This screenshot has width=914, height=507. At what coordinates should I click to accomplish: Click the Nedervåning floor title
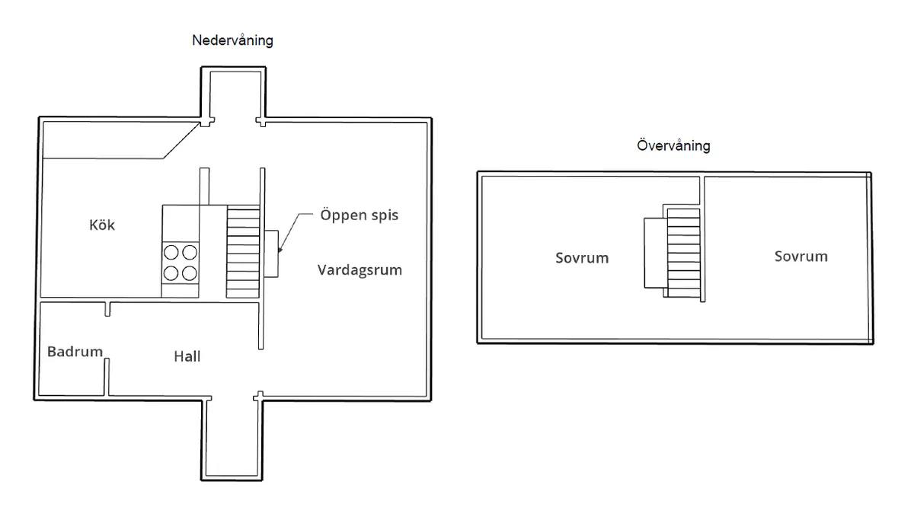tap(232, 41)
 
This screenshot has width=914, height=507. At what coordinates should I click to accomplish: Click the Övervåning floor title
tap(673, 145)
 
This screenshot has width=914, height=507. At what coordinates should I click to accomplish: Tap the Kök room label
tap(102, 225)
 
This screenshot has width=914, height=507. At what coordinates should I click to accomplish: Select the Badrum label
tap(75, 352)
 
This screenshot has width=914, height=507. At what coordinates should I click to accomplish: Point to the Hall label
tap(187, 356)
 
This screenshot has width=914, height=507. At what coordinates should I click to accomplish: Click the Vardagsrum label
tap(360, 269)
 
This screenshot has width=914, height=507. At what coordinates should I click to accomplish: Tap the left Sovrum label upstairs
tap(582, 257)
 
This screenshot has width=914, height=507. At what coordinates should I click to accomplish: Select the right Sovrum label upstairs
tap(801, 256)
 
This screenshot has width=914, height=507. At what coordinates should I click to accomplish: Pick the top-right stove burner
tap(189, 251)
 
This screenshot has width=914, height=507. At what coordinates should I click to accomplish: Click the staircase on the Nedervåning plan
tap(243, 251)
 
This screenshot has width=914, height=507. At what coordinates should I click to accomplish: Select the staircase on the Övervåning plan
tap(682, 251)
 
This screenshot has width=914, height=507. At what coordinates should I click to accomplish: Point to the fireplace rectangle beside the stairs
tap(271, 253)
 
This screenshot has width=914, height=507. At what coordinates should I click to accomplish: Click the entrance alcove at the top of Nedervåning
tap(233, 95)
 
